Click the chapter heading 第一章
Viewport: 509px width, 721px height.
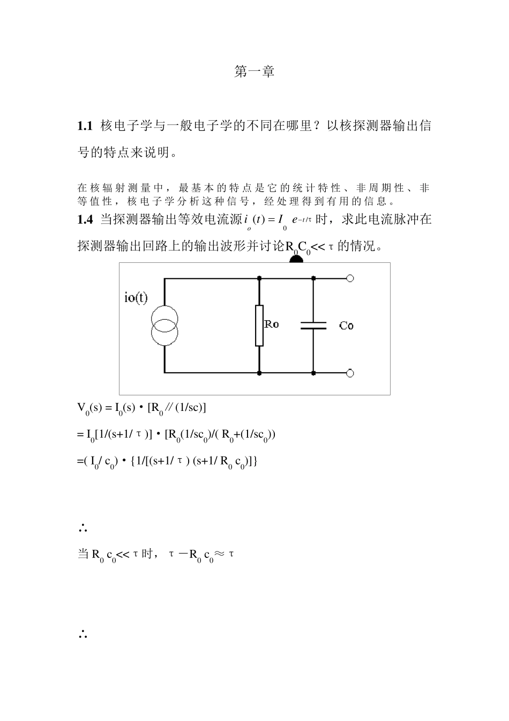tap(254, 72)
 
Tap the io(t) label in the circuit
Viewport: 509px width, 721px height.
tap(136, 298)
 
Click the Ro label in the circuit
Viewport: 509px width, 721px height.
tap(272, 325)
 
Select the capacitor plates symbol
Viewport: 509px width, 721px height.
tap(313, 325)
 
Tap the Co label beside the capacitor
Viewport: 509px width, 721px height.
tap(346, 326)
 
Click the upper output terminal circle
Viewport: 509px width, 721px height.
tap(350, 278)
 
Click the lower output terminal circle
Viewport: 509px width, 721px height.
tap(350, 372)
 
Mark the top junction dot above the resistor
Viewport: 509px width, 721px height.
tap(259, 278)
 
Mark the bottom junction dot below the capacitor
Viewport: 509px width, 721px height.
tap(313, 372)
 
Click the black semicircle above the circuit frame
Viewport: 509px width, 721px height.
tap(296, 259)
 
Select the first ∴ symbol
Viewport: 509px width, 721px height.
tap(83, 528)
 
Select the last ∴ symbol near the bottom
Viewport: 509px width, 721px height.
tap(83, 635)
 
